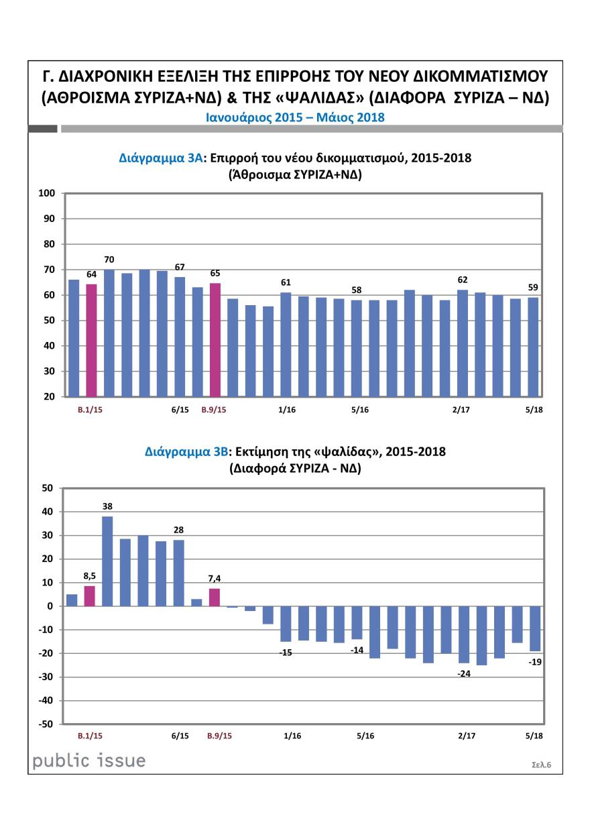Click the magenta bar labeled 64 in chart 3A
coord(91,340)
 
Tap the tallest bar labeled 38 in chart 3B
coord(107,561)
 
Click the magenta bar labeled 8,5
coord(90,596)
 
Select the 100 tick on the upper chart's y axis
coord(46,194)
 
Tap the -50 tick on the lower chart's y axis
coord(44,724)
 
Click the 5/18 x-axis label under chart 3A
coord(534,409)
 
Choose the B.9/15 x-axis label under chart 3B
coord(219,736)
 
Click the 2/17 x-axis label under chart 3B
coord(467,736)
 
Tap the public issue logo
coord(89,761)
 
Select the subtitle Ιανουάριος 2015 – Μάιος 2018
coord(294,117)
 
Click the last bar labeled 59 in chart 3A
coord(534,347)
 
